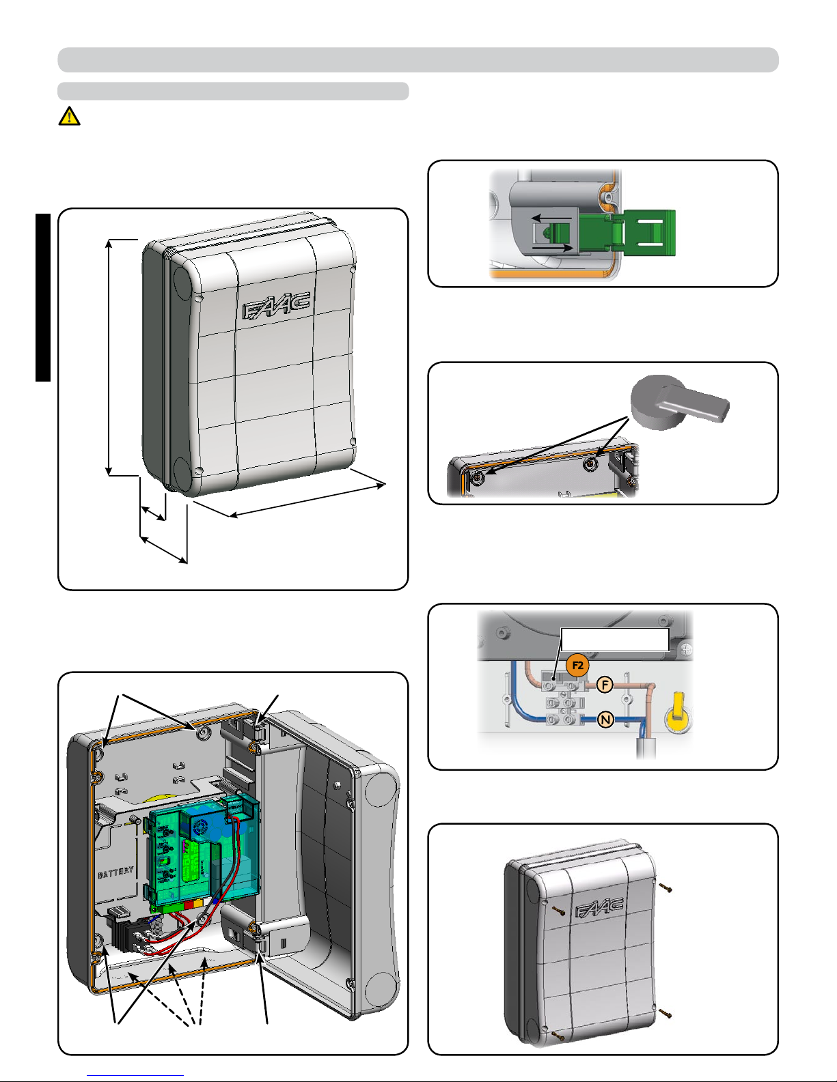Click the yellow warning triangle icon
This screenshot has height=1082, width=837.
(x=69, y=116)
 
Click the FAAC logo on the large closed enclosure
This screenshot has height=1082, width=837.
(x=276, y=305)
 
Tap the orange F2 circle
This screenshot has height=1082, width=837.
(x=577, y=665)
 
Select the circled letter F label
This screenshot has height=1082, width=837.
(x=605, y=685)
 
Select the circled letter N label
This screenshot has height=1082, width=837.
(x=605, y=720)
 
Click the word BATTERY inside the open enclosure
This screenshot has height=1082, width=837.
(x=116, y=873)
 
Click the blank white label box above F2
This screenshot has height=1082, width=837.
(x=615, y=640)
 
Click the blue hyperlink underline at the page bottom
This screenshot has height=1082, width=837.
(x=135, y=1076)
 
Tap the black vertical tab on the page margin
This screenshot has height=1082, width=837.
(x=43, y=298)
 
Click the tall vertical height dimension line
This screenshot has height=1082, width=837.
(x=109, y=358)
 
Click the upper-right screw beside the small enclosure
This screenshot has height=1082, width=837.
(x=665, y=887)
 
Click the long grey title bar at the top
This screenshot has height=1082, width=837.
(x=418, y=60)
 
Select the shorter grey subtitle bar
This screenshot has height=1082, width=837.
(x=233, y=91)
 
